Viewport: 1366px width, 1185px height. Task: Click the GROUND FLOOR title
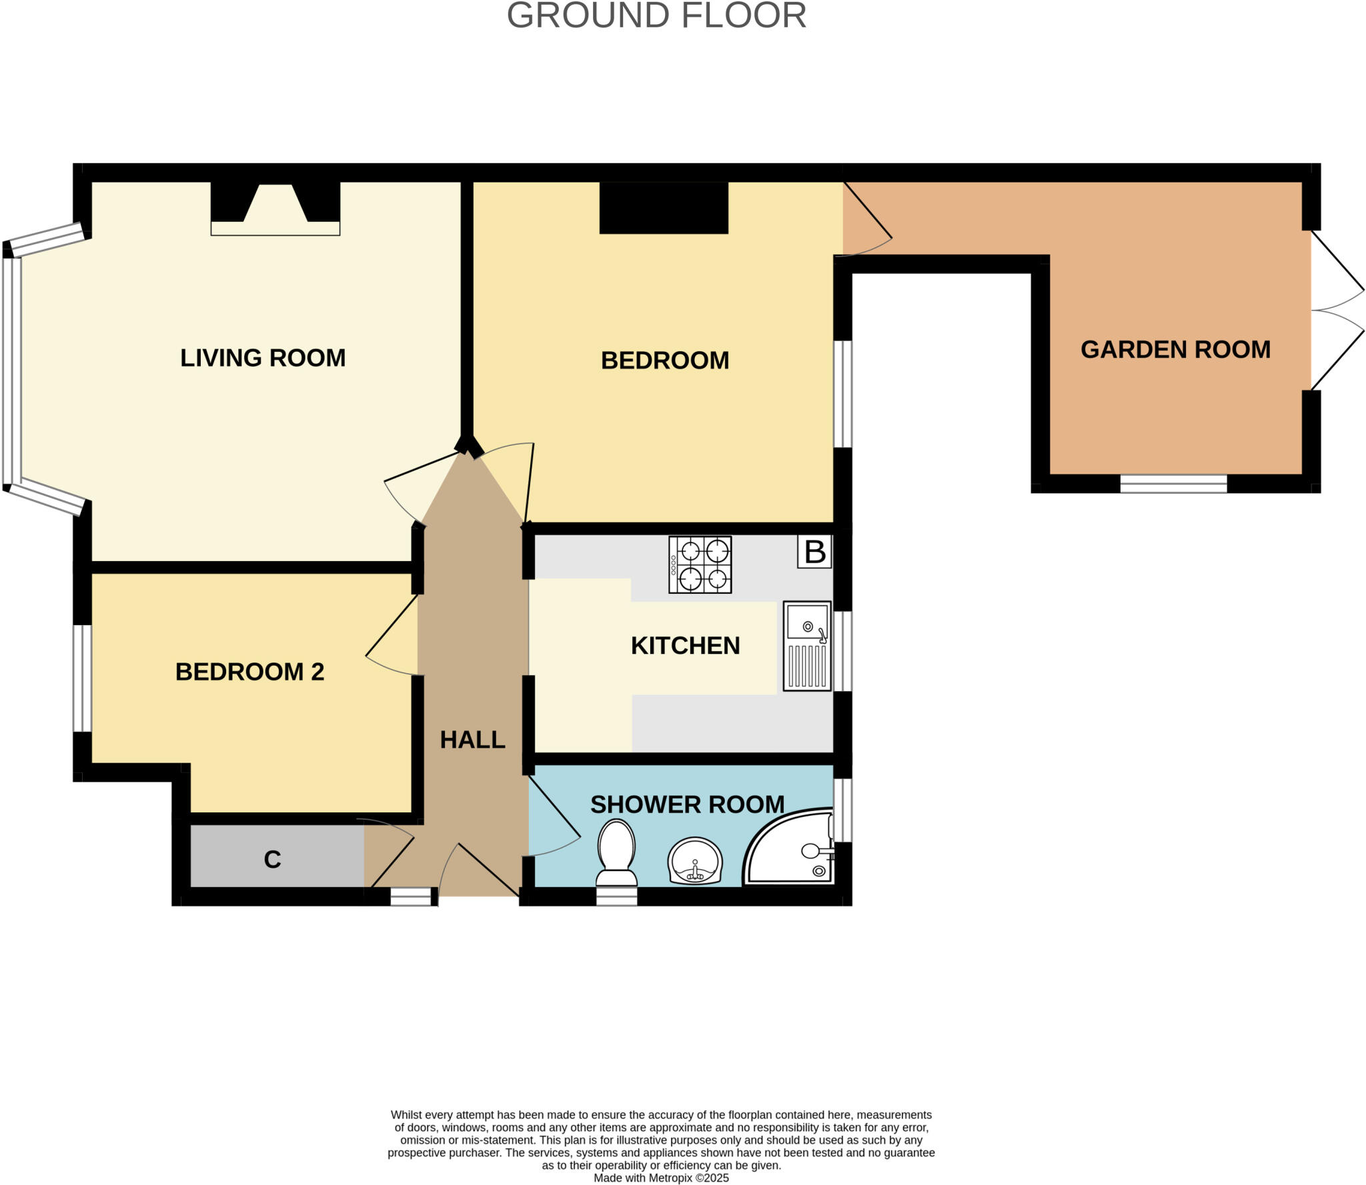click(656, 16)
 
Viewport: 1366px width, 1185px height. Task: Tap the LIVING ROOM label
click(263, 358)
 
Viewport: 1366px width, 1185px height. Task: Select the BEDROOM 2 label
click(249, 671)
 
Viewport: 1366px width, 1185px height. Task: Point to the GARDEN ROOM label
click(1175, 349)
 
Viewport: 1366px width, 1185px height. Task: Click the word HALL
click(472, 740)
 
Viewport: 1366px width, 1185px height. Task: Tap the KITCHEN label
click(685, 645)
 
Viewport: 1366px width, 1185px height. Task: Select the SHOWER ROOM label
click(687, 804)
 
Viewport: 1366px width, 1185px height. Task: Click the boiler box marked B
click(814, 552)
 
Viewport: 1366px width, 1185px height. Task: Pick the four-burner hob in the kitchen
click(700, 565)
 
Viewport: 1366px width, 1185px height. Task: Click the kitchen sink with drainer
click(807, 646)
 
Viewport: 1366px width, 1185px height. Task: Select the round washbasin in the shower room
click(695, 861)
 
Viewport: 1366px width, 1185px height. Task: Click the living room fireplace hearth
click(275, 228)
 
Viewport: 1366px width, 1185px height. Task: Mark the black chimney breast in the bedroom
click(664, 207)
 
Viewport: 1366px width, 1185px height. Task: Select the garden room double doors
click(1335, 311)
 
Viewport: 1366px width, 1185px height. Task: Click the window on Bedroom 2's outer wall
click(82, 678)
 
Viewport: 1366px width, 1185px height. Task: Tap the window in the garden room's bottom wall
click(1173, 484)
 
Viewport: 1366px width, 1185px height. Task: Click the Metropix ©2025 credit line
click(661, 1178)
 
